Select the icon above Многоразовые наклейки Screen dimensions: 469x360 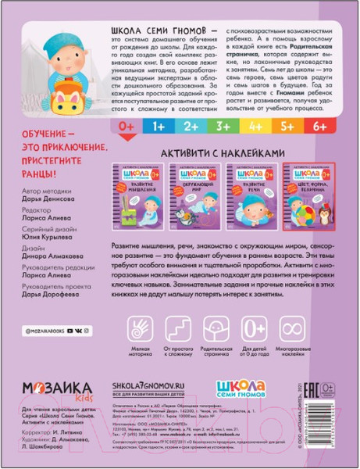(x=302, y=328)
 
